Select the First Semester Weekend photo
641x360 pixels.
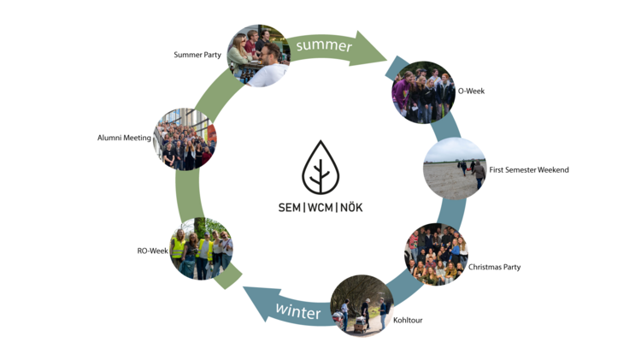point(455,168)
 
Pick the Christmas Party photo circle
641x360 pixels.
point(436,254)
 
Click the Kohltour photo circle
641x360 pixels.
point(362,305)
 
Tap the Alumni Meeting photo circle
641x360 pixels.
point(185,139)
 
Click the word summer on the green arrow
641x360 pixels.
point(324,45)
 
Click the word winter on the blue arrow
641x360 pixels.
point(297,312)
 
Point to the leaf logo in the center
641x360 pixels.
point(320,167)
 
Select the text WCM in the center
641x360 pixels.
point(320,208)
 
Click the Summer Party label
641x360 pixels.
point(198,55)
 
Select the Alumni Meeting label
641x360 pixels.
point(124,137)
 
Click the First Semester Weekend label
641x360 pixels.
point(528,169)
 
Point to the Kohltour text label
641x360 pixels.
point(408,320)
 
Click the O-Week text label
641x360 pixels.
point(471,91)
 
